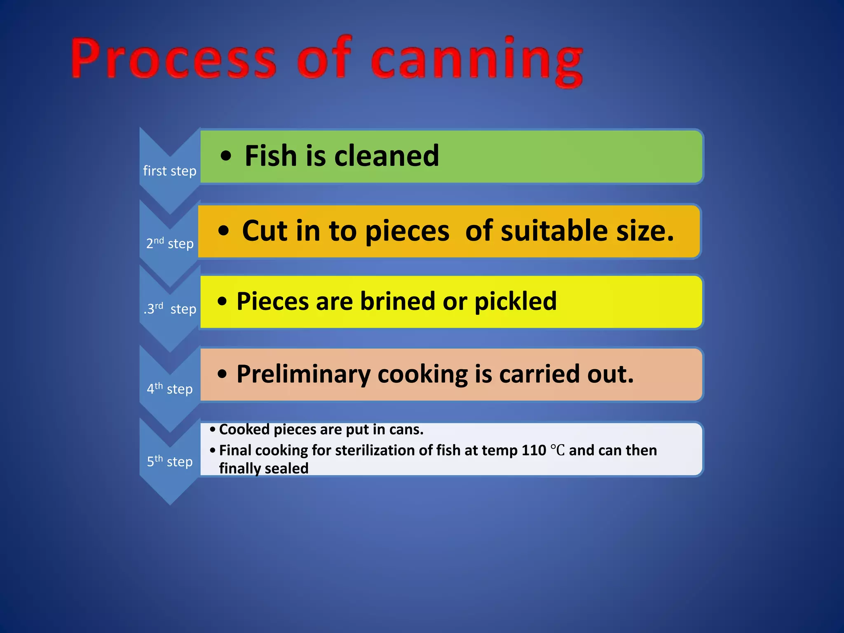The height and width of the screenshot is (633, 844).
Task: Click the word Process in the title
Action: click(173, 58)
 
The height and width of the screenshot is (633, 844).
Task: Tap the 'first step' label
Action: click(170, 171)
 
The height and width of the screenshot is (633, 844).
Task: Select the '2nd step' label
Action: click(170, 243)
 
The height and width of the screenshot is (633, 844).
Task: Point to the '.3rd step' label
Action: click(170, 309)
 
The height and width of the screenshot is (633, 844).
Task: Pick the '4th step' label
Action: click(170, 389)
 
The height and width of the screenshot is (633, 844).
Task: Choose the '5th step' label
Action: click(170, 461)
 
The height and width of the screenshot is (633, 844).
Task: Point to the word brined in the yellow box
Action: click(398, 301)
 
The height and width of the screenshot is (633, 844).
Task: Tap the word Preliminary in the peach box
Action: click(303, 374)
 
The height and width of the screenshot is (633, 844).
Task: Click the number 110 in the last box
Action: click(534, 450)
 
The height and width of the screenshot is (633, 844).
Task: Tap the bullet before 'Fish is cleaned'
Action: click(226, 156)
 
